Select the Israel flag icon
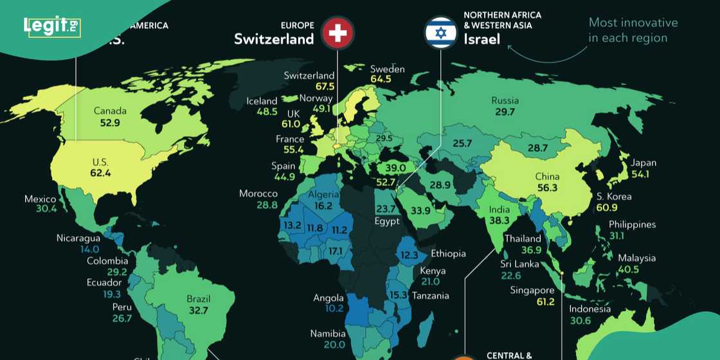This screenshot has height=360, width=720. pyautogui.click(x=440, y=32)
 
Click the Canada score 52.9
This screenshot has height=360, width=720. pyautogui.click(x=110, y=123)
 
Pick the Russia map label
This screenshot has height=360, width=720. pyautogui.click(x=505, y=100)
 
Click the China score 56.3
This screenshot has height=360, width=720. pyautogui.click(x=547, y=188)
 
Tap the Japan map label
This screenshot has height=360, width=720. pyautogui.click(x=643, y=163)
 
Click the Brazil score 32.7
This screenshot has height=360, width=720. pyautogui.click(x=198, y=310)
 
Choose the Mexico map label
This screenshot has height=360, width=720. pyautogui.click(x=40, y=199)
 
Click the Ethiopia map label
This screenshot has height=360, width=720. pyautogui.click(x=448, y=253)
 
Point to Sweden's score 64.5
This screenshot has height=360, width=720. pyautogui.click(x=381, y=79)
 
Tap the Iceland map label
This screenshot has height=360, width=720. pyautogui.click(x=262, y=101)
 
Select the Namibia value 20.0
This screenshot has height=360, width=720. pyautogui.click(x=334, y=345)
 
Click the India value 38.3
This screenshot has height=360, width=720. pyautogui.click(x=499, y=221)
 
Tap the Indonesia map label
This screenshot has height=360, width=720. pyautogui.click(x=589, y=309)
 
